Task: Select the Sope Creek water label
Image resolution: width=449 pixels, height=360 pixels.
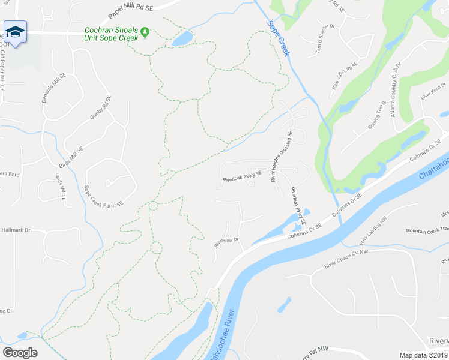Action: coord(279,40)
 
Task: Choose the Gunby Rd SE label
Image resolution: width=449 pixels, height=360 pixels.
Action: coord(101,107)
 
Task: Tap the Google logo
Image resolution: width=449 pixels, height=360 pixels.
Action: coord(20,353)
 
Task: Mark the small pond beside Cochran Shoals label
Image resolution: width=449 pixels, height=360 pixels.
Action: coord(182,39)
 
